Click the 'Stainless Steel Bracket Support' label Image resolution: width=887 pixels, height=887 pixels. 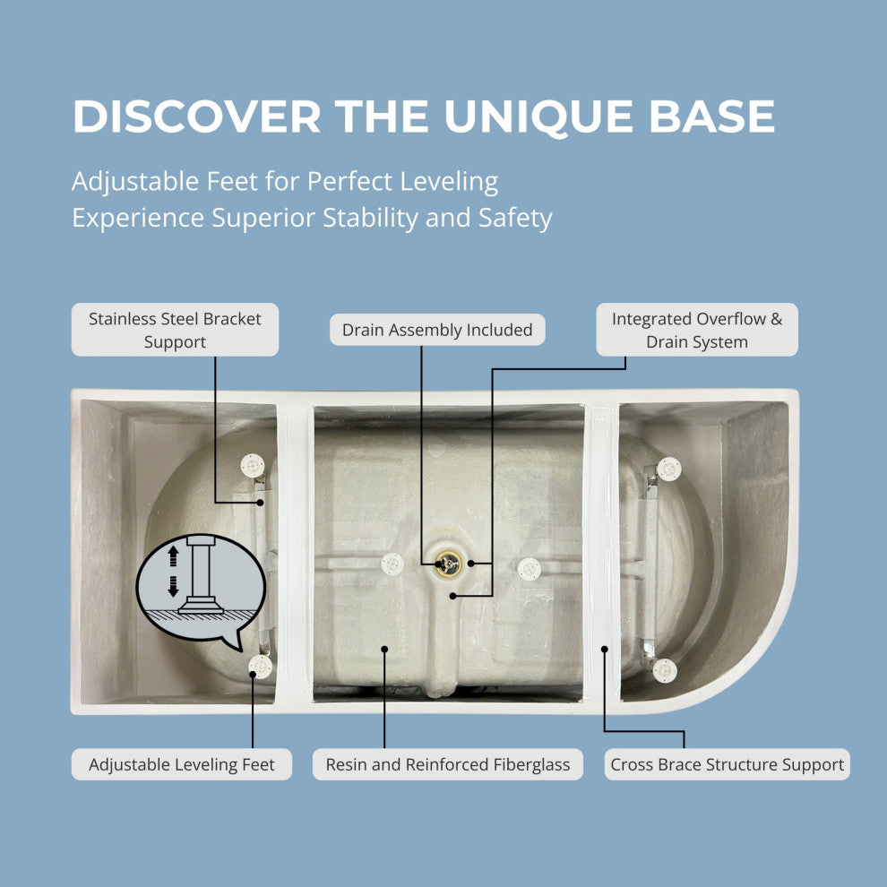(x=175, y=330)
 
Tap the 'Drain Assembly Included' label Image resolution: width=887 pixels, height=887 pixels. (x=437, y=330)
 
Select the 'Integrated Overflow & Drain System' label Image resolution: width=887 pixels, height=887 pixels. (x=697, y=330)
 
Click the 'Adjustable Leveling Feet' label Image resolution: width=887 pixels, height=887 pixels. (x=182, y=764)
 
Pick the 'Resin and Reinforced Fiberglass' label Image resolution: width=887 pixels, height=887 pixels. (x=447, y=764)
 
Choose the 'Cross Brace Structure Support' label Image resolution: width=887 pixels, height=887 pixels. (x=727, y=764)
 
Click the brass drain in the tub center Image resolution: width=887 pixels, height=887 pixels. (x=448, y=564)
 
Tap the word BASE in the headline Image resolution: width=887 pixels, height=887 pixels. (x=711, y=116)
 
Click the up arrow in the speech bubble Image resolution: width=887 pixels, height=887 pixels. (x=173, y=556)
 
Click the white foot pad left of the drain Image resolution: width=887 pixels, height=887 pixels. (x=392, y=564)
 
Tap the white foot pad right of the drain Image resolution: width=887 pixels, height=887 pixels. (x=529, y=569)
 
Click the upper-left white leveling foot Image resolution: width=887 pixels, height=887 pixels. (x=253, y=466)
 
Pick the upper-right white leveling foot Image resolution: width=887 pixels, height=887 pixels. (x=668, y=469)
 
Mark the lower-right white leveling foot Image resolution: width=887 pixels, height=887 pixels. (x=665, y=670)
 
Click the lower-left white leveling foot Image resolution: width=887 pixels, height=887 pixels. (x=260, y=667)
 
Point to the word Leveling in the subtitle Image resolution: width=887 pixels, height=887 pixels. (x=449, y=183)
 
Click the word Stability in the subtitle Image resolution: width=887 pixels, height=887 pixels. (x=370, y=219)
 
